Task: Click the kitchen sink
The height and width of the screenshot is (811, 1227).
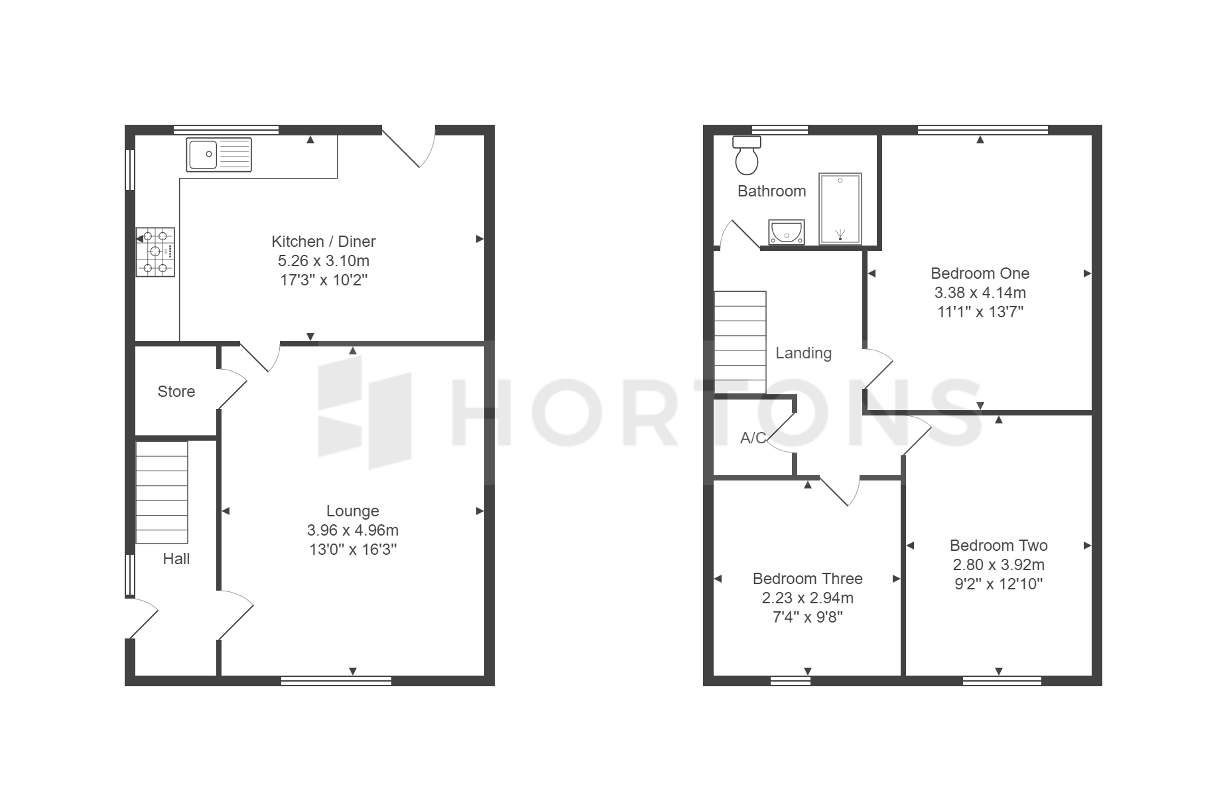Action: point(219,155)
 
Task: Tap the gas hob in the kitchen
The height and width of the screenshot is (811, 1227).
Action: point(156,252)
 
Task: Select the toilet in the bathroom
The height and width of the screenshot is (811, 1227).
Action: point(747,155)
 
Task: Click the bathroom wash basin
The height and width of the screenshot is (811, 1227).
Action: point(787,232)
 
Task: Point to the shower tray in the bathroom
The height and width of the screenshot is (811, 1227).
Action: point(840,209)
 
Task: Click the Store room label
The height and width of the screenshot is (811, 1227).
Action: point(176,392)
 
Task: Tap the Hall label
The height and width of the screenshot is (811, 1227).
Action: point(176,559)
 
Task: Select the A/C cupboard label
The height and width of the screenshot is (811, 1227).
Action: point(753,438)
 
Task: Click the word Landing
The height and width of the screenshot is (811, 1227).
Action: point(804,353)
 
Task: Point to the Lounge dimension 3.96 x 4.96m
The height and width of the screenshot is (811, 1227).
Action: point(353,530)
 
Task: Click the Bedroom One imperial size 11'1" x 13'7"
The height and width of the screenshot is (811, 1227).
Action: point(980,312)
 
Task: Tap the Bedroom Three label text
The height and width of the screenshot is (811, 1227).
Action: point(808,579)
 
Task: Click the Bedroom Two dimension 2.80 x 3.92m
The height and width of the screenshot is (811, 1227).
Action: point(999,565)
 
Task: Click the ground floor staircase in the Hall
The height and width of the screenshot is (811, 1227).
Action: point(162,492)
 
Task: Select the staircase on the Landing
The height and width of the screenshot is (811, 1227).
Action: point(740,342)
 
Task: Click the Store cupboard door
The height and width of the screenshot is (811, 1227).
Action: point(231,392)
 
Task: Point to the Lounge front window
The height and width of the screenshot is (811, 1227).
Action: point(336,680)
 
